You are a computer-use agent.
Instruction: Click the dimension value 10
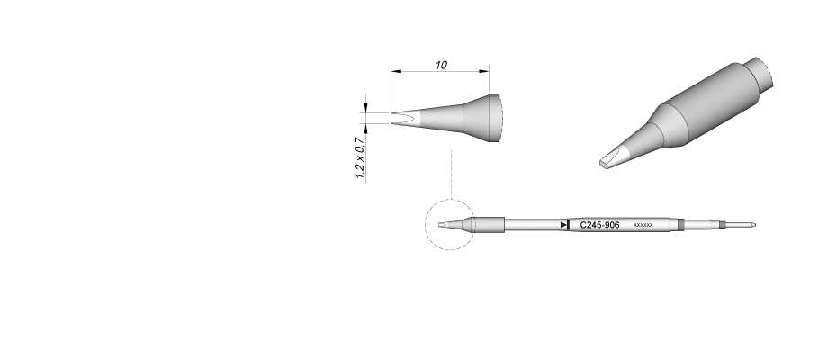pyautogui.click(x=441, y=65)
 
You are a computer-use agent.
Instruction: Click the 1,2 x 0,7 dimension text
pyautogui.click(x=360, y=157)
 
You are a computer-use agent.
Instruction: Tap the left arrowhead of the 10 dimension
pyautogui.click(x=395, y=71)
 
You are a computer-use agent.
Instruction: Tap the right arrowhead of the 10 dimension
pyautogui.click(x=484, y=71)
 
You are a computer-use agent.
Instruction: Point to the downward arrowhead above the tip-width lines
pyautogui.click(x=365, y=108)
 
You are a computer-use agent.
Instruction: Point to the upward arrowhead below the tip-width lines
pyautogui.click(x=365, y=129)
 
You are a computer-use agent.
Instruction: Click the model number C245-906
pyautogui.click(x=599, y=225)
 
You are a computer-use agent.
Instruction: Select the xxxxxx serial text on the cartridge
pyautogui.click(x=643, y=225)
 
